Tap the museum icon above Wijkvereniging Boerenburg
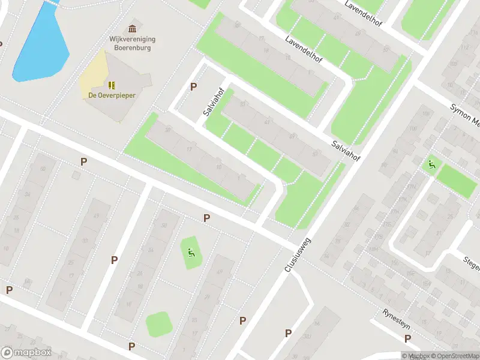coord(132,29)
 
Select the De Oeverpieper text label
coord(112,95)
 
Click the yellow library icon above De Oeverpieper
coord(112,85)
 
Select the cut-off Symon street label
coord(466,113)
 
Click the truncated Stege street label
coord(470,263)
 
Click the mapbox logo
coord(26,353)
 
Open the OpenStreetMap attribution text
coord(453,356)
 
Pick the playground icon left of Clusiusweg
coord(191,252)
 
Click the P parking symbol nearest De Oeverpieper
coord(193,87)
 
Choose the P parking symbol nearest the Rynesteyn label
coord(407,339)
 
